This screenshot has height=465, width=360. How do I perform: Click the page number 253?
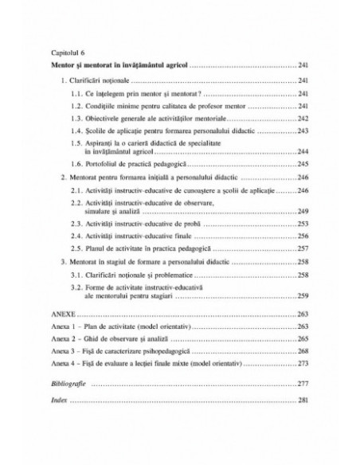(x=303, y=225)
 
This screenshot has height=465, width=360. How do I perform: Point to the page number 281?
(x=303, y=401)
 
